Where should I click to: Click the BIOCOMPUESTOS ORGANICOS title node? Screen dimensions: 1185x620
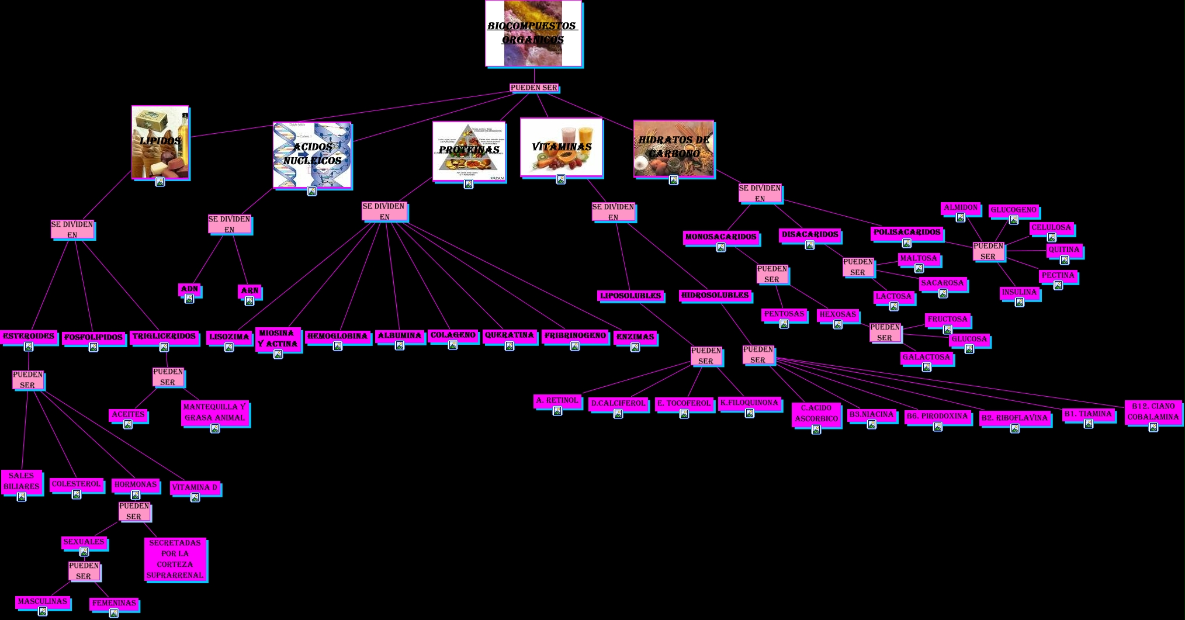coord(533,33)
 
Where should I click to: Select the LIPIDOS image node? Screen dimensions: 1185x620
coord(160,142)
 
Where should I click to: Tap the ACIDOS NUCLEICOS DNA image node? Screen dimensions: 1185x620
coord(312,155)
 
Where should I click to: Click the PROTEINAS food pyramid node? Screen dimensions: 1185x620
coord(469,151)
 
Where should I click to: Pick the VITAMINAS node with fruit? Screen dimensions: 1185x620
coord(561,147)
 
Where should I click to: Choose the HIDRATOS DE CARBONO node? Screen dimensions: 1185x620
coord(674,148)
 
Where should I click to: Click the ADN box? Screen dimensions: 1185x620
coord(189,289)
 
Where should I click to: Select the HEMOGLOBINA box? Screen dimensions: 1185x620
coord(337,336)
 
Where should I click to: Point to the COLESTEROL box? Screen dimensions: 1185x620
coord(76,484)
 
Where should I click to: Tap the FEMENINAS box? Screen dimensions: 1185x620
coord(114,602)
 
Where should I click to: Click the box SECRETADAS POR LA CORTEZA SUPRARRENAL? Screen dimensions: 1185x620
coord(175,559)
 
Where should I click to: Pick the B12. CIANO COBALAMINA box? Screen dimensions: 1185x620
coord(1153,411)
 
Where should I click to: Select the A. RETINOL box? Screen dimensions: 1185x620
coord(557,400)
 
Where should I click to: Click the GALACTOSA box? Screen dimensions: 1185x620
coord(926,357)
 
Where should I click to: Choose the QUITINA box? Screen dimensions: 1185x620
coord(1063,250)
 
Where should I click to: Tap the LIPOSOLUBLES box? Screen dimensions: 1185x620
coord(630,296)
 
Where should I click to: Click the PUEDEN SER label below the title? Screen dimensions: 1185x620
coord(533,88)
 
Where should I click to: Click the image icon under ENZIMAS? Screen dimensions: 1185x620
coord(635,348)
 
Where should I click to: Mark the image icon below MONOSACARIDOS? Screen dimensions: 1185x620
coord(721,247)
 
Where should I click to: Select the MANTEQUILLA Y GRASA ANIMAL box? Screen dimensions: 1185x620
coord(214,412)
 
